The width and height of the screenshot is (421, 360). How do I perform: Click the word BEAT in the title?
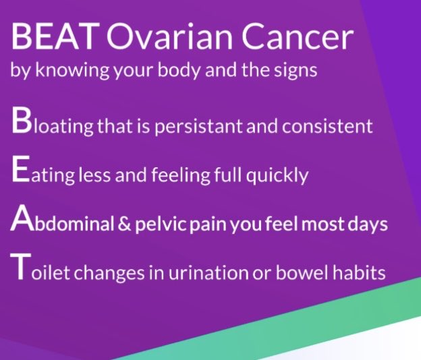coord(53,38)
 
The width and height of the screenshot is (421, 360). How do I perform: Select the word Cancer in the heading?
coord(296,38)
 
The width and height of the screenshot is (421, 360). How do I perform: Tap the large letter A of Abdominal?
coord(22,220)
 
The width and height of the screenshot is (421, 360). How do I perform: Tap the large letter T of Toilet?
coord(20,269)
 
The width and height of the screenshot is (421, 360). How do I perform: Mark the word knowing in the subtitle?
coord(65,70)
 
